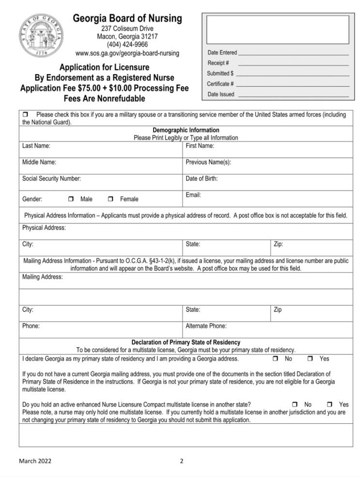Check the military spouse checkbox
tap(26, 115)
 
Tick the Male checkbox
tap(71, 199)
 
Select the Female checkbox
tap(110, 199)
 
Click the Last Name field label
tap(36, 145)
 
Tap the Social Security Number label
tap(51, 178)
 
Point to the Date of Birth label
tap(202, 178)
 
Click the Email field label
tap(193, 195)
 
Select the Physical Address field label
tap(44, 228)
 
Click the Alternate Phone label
tap(206, 326)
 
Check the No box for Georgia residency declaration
tap(275, 359)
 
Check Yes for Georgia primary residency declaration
tap(311, 359)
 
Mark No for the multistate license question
tap(295, 404)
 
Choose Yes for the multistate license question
tap(330, 404)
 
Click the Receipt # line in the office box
tap(293, 63)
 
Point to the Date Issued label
tap(221, 94)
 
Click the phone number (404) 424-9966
tap(127, 45)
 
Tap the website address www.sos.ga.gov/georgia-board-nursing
tap(127, 53)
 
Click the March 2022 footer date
tap(35, 461)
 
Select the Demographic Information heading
tap(186, 130)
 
